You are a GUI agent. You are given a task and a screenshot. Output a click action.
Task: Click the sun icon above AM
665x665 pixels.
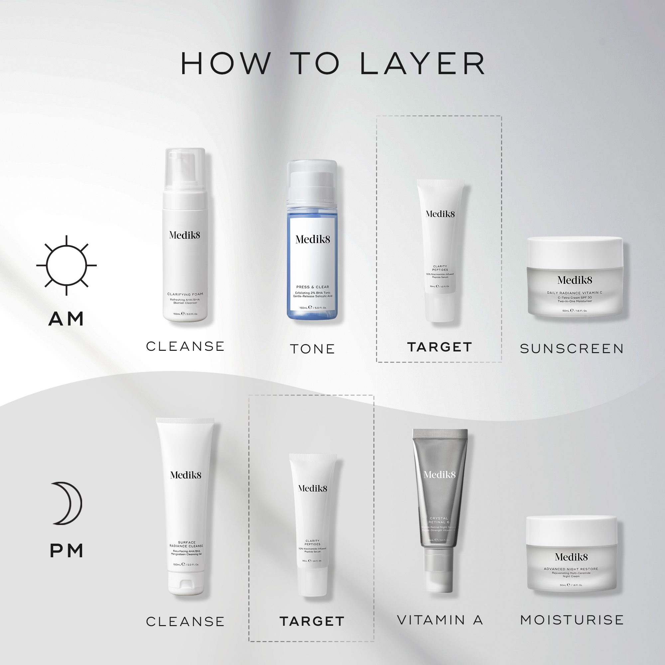[66, 265]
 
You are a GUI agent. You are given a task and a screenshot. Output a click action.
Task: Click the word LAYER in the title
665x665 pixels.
[422, 64]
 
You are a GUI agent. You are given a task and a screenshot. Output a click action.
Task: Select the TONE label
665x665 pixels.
[312, 349]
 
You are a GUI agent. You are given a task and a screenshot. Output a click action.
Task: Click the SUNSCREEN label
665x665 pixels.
[572, 349]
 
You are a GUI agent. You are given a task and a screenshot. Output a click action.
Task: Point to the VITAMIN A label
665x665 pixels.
[440, 620]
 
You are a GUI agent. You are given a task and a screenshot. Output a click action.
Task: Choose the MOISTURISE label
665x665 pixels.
[572, 620]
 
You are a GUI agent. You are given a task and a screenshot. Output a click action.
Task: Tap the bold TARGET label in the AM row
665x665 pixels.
[440, 347]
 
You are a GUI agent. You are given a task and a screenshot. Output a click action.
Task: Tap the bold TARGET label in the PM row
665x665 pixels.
[312, 621]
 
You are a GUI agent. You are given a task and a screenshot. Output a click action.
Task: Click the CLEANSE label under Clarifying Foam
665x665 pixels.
[185, 346]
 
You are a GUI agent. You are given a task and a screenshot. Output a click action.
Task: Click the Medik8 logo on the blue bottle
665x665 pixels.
[313, 239]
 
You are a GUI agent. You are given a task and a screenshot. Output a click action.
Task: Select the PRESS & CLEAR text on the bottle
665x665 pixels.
[313, 287]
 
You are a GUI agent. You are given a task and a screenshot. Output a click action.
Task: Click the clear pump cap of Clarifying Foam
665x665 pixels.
[185, 169]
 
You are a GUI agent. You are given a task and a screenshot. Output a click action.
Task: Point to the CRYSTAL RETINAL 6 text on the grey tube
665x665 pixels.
[439, 520]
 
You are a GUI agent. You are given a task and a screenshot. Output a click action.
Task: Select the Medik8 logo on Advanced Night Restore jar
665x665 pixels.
[571, 557]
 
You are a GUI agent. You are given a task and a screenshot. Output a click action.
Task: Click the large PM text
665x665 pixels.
[66, 551]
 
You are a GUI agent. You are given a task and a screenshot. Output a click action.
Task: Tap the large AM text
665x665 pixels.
[66, 319]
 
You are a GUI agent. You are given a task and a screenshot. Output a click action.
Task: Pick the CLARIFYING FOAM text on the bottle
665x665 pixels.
[185, 294]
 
